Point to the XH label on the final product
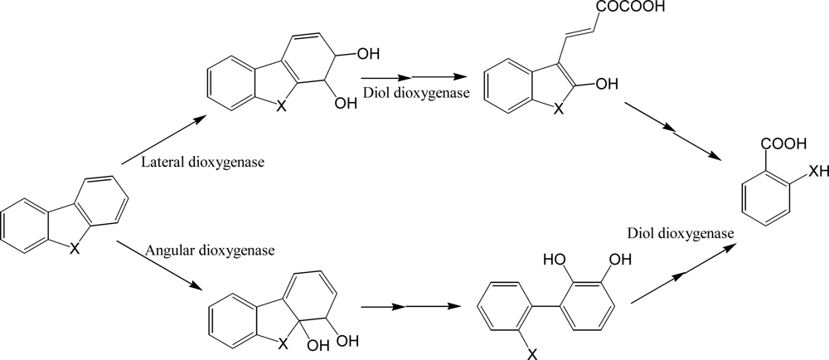pyautogui.click(x=817, y=169)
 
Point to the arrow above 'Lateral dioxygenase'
pyautogui.click(x=163, y=139)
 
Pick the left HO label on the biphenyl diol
pyautogui.click(x=555, y=260)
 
